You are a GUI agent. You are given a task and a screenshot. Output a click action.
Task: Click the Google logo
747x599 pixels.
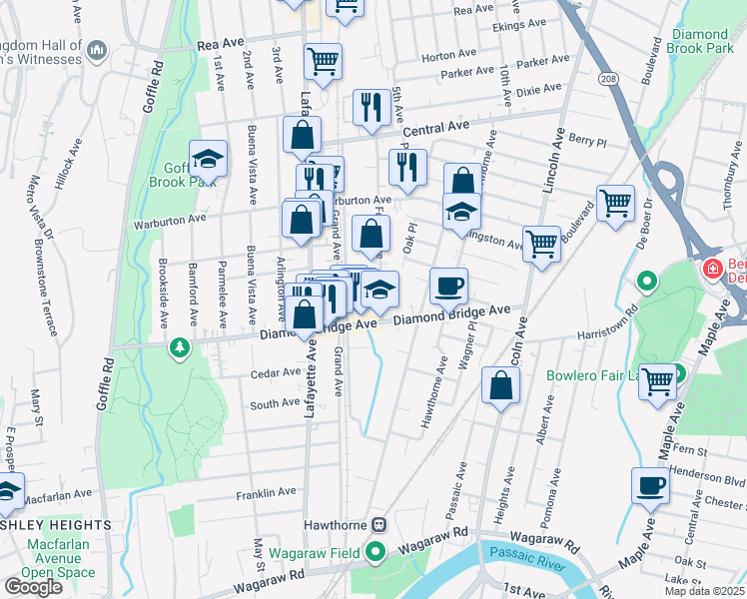point(33,587)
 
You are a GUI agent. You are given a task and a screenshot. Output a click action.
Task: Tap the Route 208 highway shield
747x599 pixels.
point(607,77)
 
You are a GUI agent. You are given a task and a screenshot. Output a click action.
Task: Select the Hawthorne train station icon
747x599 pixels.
point(378,525)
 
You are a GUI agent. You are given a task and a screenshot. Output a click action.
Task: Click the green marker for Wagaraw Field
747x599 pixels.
point(375,550)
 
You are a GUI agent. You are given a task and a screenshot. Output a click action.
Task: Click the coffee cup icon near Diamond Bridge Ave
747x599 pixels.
point(448,286)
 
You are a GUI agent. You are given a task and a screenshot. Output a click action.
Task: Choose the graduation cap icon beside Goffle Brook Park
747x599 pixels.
point(208,158)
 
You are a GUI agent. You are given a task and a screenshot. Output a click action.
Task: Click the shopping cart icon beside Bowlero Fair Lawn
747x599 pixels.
point(657,380)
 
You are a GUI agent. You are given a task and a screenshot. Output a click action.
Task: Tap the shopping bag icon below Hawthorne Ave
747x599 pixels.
point(500,384)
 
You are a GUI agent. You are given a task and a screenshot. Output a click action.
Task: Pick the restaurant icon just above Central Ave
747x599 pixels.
point(372,107)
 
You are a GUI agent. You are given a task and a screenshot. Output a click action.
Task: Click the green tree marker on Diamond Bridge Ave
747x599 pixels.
point(180,348)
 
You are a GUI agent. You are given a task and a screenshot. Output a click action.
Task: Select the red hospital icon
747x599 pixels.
point(712,268)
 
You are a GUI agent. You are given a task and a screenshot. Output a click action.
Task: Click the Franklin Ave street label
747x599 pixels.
point(266,493)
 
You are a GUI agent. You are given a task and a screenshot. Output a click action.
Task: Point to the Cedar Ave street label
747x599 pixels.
point(277,372)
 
